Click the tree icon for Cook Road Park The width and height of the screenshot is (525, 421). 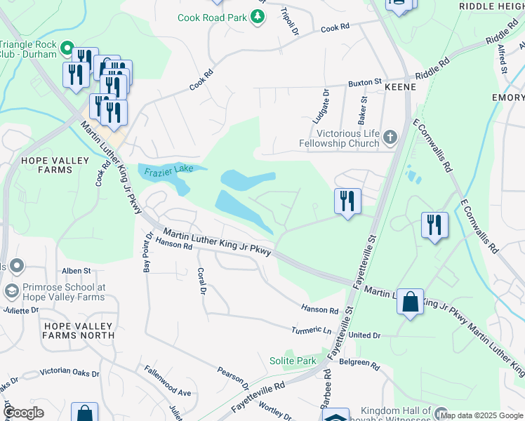(258, 16)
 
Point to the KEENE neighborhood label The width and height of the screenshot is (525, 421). (401, 87)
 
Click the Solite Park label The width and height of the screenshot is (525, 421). (293, 361)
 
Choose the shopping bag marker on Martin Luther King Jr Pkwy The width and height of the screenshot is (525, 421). (410, 302)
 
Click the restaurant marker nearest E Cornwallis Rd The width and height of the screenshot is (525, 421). (434, 225)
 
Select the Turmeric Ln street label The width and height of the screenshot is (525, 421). (312, 330)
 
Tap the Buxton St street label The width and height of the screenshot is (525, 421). (364, 83)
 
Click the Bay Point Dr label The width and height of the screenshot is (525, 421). (147, 252)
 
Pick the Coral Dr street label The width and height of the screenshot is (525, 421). (201, 279)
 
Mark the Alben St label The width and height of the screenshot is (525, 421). (76, 270)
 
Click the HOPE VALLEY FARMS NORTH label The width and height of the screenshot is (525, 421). (78, 330)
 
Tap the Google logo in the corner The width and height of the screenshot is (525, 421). (24, 413)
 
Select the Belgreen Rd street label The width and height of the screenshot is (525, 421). (360, 366)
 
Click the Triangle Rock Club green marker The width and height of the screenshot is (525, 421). (67, 48)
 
